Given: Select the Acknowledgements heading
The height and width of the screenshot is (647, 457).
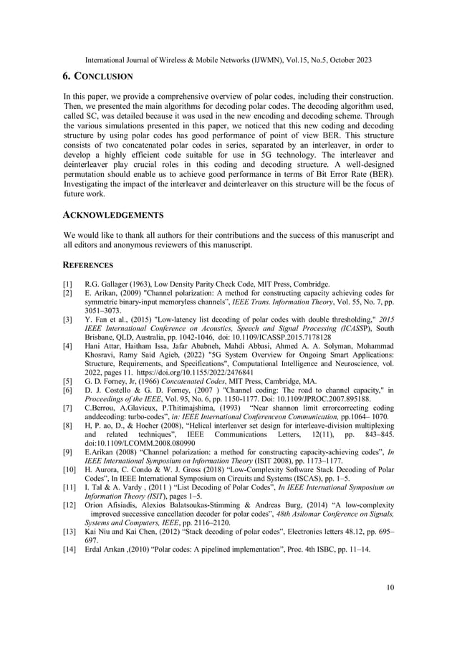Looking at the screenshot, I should (113, 215).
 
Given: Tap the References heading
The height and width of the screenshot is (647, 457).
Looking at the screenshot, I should (89, 264).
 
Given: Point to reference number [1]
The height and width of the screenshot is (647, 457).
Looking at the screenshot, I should (68, 284).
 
